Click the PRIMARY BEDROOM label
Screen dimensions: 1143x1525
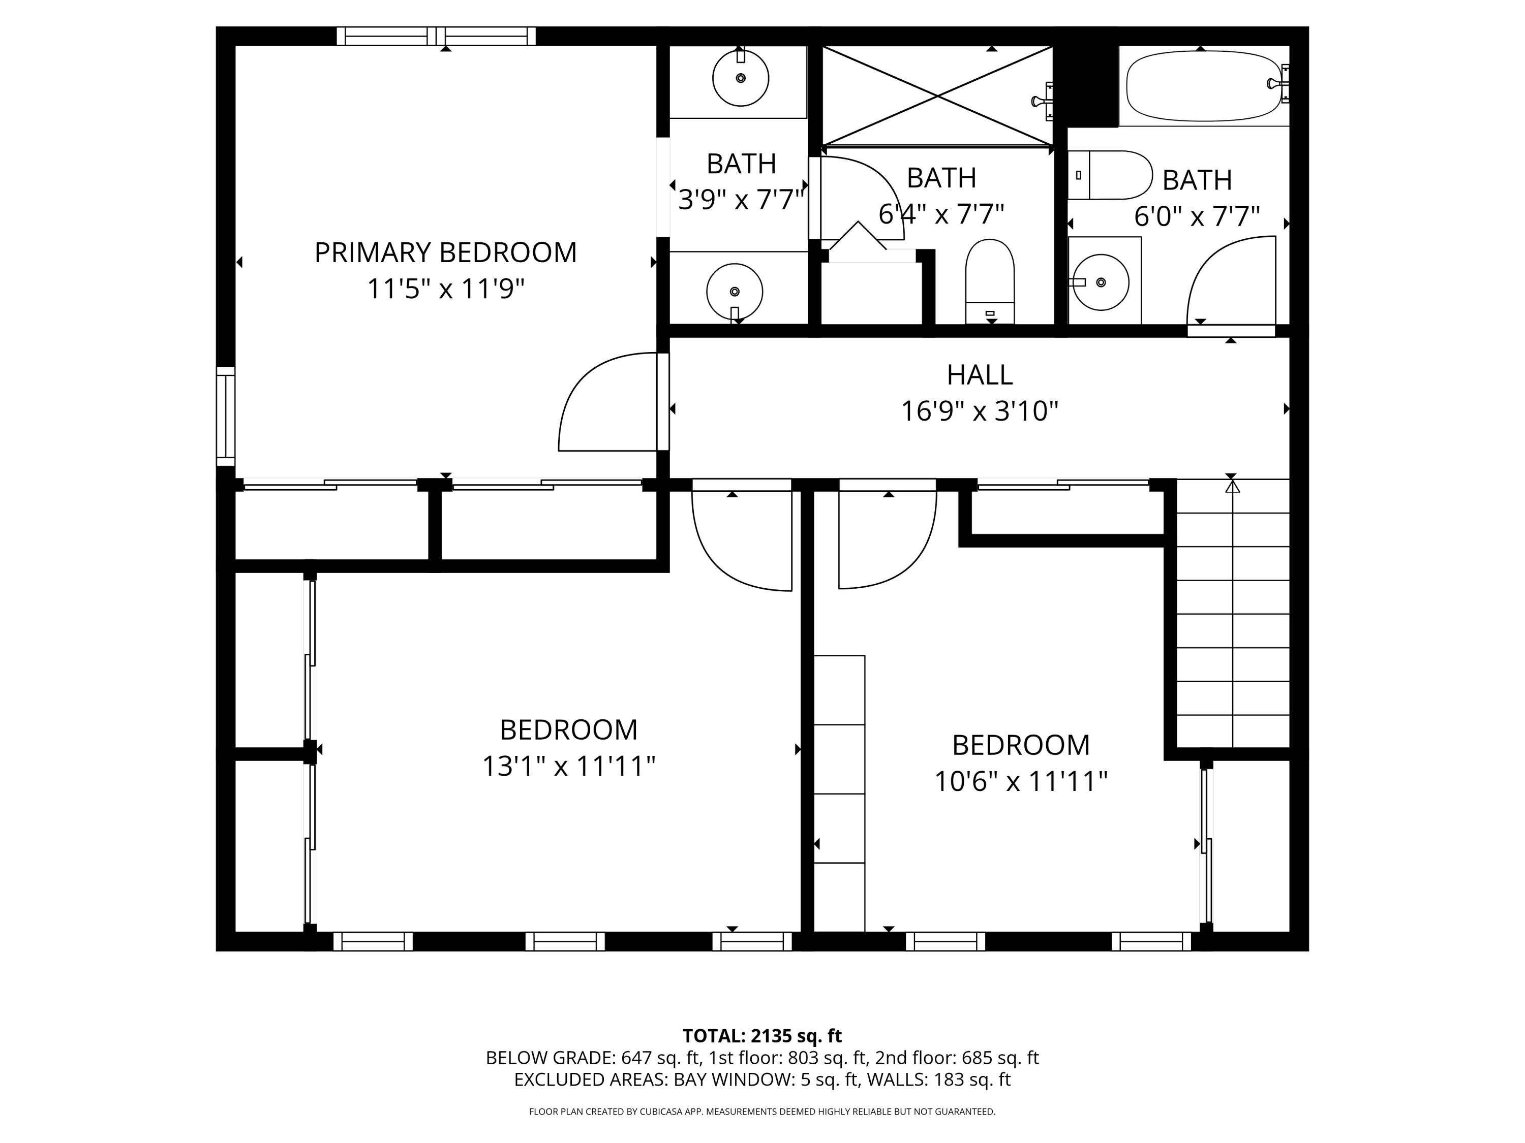point(445,253)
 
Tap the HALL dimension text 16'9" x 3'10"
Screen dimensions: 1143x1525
point(979,411)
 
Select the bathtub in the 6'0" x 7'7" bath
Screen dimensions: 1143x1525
point(1203,86)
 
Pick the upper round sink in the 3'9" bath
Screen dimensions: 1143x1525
point(741,78)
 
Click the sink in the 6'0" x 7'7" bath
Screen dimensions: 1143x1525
point(1101,282)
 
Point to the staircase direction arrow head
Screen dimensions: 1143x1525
point(1233,487)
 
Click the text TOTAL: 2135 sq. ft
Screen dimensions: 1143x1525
point(762,1035)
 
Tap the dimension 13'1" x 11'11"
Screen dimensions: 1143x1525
point(568,766)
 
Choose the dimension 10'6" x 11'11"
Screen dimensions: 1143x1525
point(1020,781)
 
